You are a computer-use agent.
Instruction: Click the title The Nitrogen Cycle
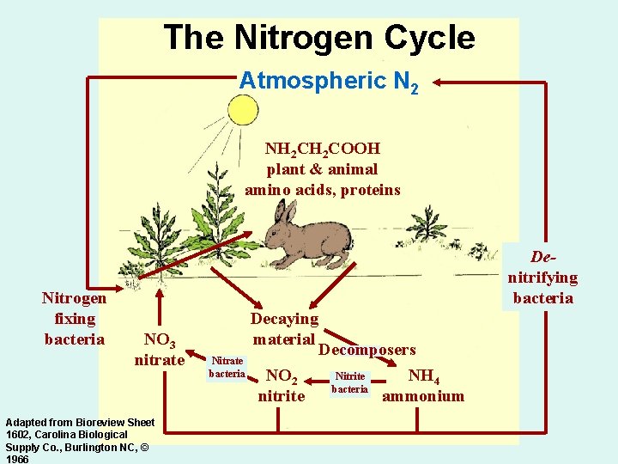pyautogui.click(x=318, y=38)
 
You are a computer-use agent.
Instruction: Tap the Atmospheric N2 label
pyautogui.click(x=329, y=82)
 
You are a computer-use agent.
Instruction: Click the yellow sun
pyautogui.click(x=242, y=110)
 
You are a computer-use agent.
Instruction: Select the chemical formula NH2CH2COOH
pyautogui.click(x=323, y=150)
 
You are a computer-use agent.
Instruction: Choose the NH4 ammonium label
pyautogui.click(x=423, y=386)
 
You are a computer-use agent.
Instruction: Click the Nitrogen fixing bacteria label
pyautogui.click(x=74, y=318)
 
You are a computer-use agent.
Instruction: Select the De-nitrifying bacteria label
pyautogui.click(x=542, y=277)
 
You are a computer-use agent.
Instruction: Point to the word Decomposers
pyautogui.click(x=367, y=350)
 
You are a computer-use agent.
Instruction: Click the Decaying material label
pyautogui.click(x=284, y=329)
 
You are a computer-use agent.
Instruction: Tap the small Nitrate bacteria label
pyautogui.click(x=227, y=367)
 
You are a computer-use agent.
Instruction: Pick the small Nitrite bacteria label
pyautogui.click(x=350, y=382)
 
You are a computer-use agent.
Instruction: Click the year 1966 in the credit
pyautogui.click(x=17, y=460)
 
